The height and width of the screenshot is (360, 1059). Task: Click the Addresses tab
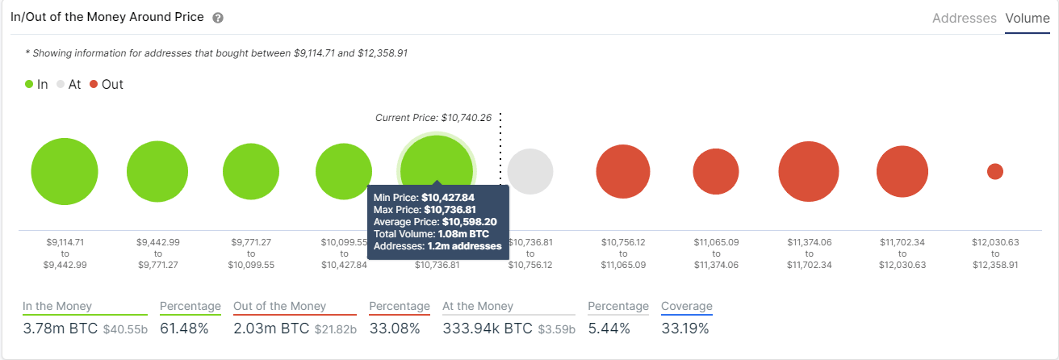(964, 18)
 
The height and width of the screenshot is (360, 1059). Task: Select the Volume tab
(1027, 18)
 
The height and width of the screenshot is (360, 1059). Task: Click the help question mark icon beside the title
(218, 18)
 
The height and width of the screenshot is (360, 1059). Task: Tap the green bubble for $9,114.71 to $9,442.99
(65, 171)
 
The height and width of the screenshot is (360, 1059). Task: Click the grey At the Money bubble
(530, 171)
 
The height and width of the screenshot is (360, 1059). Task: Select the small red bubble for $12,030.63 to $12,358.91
(995, 171)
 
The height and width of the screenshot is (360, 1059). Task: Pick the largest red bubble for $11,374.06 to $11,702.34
(809, 171)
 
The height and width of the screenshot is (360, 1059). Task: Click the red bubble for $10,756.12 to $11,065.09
(623, 171)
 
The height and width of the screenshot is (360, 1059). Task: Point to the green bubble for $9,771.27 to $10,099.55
(251, 171)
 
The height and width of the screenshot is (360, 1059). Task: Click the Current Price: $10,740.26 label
(433, 118)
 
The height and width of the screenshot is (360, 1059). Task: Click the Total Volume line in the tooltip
(425, 234)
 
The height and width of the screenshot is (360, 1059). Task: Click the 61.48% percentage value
(184, 329)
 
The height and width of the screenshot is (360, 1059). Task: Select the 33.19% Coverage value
(684, 329)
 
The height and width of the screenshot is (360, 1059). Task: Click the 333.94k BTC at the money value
(488, 329)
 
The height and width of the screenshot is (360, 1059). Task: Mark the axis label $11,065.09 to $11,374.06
(716, 253)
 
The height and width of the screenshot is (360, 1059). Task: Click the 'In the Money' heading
(57, 306)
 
